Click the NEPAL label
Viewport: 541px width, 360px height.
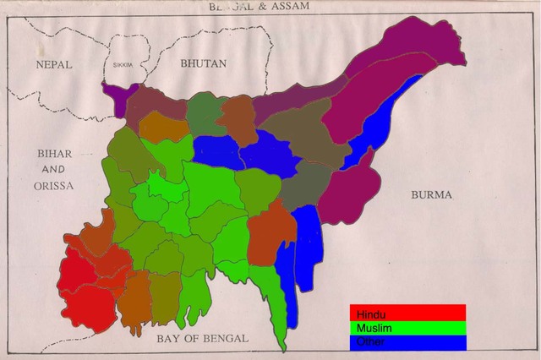pyautogui.click(x=53, y=64)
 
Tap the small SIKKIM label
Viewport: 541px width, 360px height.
pyautogui.click(x=123, y=64)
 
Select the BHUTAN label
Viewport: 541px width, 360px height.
pyautogui.click(x=204, y=63)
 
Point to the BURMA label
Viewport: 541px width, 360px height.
pyautogui.click(x=431, y=194)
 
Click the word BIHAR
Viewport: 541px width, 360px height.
pyautogui.click(x=55, y=153)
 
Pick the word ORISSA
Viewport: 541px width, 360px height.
pyautogui.click(x=54, y=184)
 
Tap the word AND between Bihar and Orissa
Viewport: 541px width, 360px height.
pyautogui.click(x=55, y=169)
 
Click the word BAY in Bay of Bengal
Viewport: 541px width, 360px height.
pyautogui.click(x=169, y=338)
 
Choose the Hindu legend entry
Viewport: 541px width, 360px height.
pyautogui.click(x=407, y=312)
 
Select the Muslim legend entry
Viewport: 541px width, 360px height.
pyautogui.click(x=407, y=327)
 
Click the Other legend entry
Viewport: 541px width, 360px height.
pyautogui.click(x=407, y=342)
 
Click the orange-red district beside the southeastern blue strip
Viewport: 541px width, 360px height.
pyautogui.click(x=270, y=232)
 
